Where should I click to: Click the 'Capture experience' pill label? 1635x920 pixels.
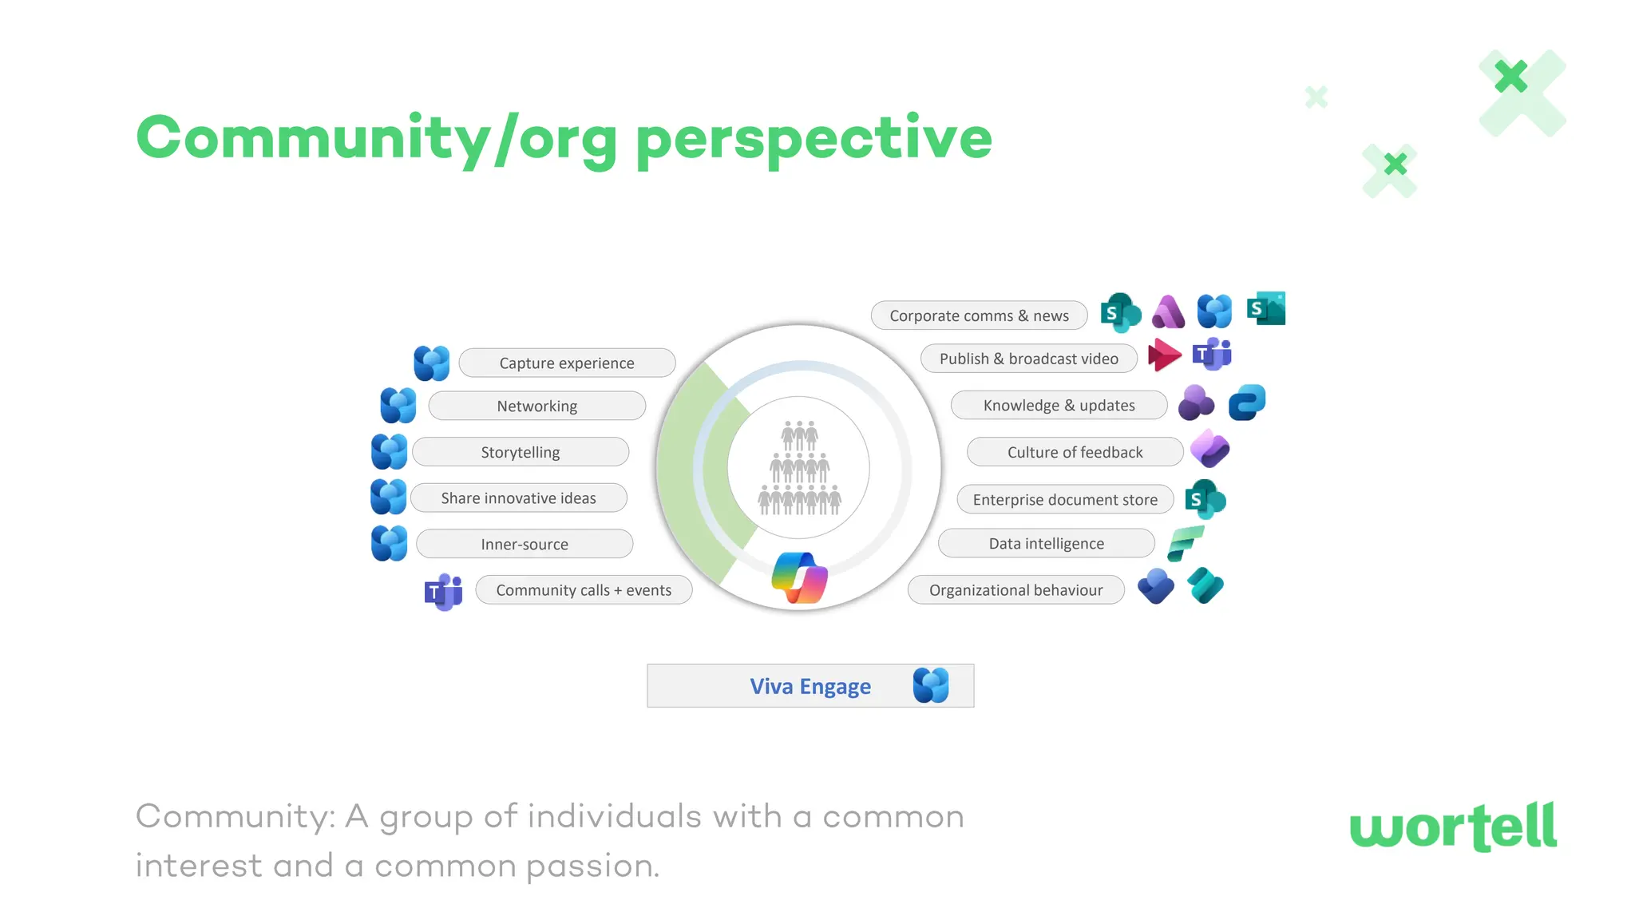point(567,363)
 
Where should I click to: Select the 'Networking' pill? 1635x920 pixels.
point(536,406)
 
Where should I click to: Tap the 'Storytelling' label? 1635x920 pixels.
point(521,453)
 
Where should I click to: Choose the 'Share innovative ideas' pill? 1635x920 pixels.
point(518,498)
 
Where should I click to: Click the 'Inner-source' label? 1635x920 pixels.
point(525,545)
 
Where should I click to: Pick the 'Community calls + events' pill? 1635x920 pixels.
point(584,590)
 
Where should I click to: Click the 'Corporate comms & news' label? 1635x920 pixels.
point(979,316)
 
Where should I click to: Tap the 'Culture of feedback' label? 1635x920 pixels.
point(1075,453)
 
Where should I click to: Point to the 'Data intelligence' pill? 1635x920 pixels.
point(1046,544)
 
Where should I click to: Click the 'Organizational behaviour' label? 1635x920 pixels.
point(1015,590)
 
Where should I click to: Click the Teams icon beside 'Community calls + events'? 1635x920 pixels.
point(444,592)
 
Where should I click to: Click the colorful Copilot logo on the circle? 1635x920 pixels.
point(799,578)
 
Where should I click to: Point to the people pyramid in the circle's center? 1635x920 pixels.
point(799,469)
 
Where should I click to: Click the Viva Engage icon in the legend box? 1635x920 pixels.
point(931,686)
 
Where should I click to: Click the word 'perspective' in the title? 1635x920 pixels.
point(814,139)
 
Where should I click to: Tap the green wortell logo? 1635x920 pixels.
point(1453,827)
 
